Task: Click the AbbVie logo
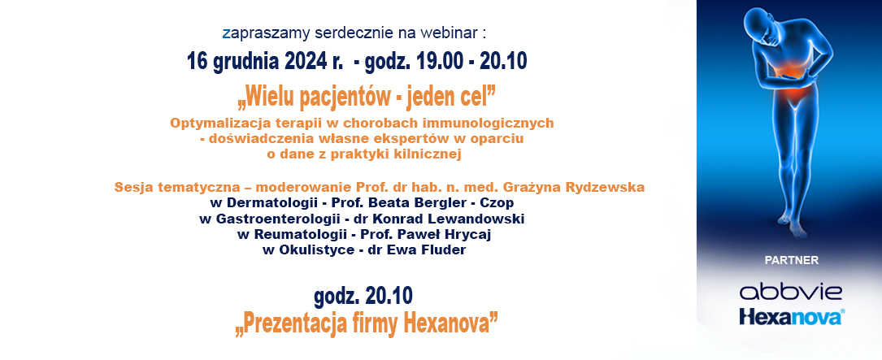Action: tap(790, 293)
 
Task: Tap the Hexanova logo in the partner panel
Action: tap(792, 316)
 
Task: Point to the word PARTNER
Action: tap(792, 260)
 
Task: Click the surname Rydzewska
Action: tap(610, 187)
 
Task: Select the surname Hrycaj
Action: tap(470, 235)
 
